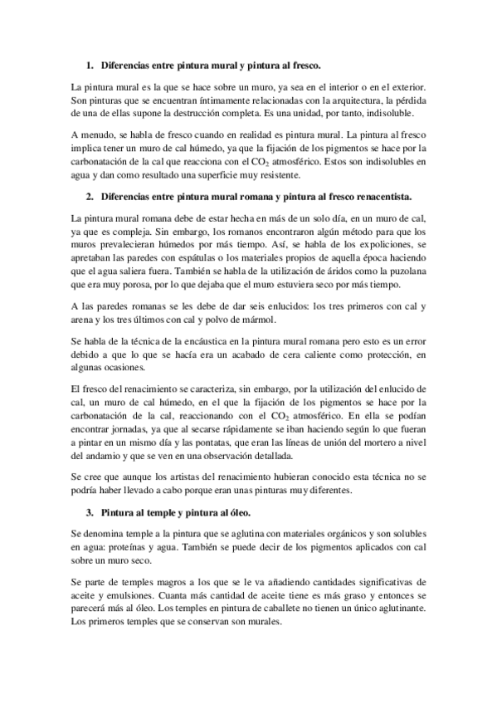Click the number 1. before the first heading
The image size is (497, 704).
click(x=89, y=64)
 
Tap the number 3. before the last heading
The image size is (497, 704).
click(x=89, y=514)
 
